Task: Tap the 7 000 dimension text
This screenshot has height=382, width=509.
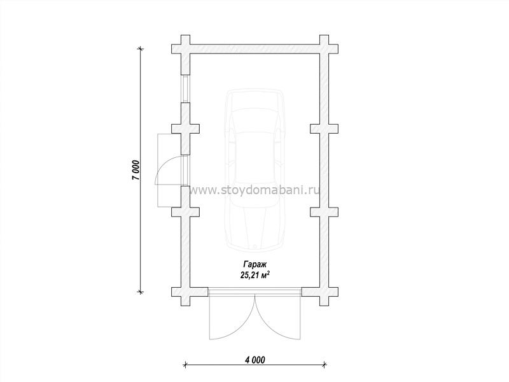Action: coord(136,170)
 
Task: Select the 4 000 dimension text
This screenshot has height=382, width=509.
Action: coord(255,360)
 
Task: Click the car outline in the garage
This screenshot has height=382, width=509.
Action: coord(255,170)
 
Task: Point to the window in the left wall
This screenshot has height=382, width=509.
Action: coord(185,89)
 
